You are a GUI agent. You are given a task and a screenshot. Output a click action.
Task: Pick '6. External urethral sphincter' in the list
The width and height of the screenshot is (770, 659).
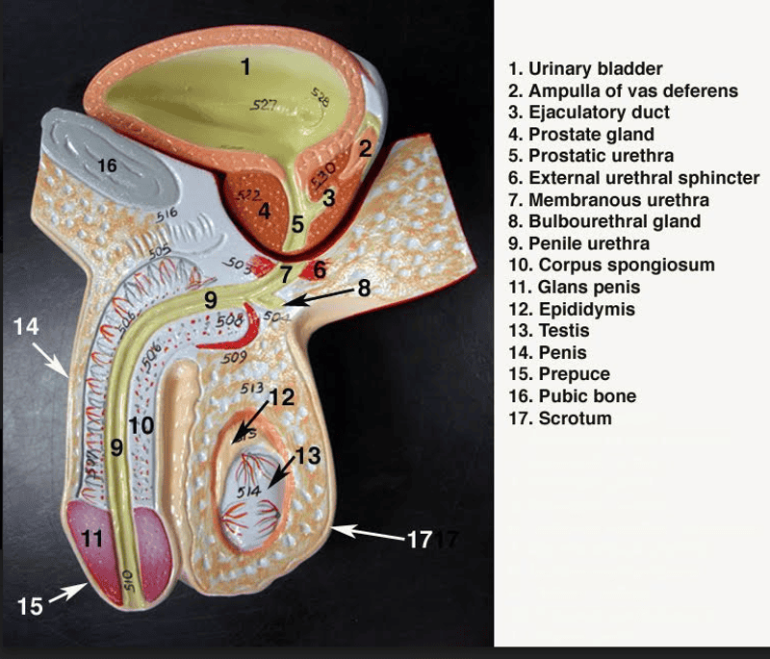(634, 178)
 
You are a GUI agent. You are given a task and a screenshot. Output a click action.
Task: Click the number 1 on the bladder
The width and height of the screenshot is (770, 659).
(245, 66)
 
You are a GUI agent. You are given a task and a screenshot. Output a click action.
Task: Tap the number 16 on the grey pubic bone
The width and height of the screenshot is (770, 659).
(107, 166)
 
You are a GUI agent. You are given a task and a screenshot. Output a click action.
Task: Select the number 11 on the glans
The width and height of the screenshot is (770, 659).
(92, 539)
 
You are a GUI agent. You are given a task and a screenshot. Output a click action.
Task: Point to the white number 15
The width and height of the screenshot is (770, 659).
(30, 606)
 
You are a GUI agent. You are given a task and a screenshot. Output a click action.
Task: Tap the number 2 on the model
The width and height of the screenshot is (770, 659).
(364, 148)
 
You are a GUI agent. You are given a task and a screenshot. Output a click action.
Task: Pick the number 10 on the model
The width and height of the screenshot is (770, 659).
(141, 423)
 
